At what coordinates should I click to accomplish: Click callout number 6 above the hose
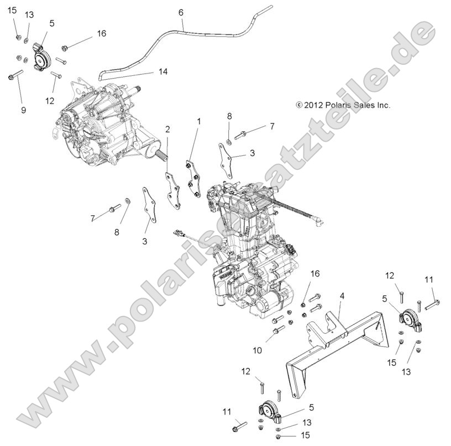(x=180, y=12)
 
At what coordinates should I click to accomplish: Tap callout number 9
(x=23, y=110)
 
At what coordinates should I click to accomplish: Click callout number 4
(x=342, y=297)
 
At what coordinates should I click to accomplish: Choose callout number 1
(x=199, y=121)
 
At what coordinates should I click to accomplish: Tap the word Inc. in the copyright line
(x=384, y=105)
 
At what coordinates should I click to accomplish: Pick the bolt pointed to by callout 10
(x=278, y=330)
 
